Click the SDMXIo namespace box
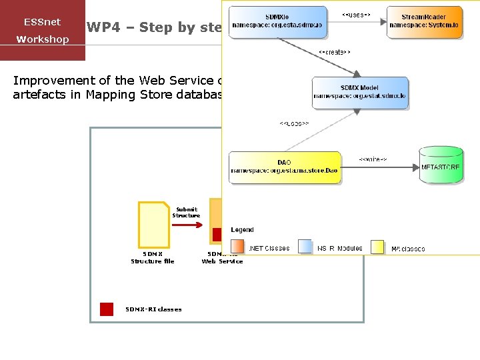(279, 22)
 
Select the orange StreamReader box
(424, 22)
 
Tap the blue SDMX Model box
(360, 93)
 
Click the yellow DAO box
(285, 168)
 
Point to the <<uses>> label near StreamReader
(356, 13)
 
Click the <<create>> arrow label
(334, 51)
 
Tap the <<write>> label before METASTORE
(373, 159)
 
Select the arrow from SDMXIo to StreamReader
(357, 21)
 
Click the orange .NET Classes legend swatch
(238, 247)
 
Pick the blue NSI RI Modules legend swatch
(305, 247)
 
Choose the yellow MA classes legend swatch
(377, 247)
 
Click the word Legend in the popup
(243, 230)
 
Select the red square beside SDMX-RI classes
(107, 309)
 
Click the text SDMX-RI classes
(153, 309)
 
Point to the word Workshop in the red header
(43, 39)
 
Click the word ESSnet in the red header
(42, 22)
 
